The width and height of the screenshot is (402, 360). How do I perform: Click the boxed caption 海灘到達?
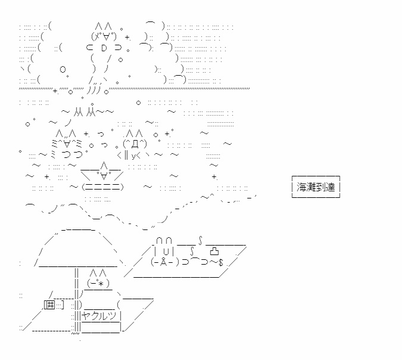pos(316,187)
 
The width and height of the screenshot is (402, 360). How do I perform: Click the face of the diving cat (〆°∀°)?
pos(104,36)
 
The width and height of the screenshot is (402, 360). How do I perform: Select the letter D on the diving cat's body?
pos(104,48)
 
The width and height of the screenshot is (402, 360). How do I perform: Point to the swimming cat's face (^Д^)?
pos(135,144)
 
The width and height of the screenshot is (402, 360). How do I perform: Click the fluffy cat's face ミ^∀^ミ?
pos(67,144)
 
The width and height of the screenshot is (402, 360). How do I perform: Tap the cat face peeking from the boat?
pos(104,175)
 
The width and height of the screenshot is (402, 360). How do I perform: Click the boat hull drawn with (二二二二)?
pos(102,187)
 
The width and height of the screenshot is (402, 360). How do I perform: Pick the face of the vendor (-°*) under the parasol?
pos(98,284)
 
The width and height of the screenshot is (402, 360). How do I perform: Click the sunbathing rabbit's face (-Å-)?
pos(165,262)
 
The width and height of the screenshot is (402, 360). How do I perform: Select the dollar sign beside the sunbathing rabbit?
pos(221,262)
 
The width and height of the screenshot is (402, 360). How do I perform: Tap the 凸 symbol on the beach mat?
pos(214,251)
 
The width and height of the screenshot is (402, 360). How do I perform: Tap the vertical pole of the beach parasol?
pos(76,300)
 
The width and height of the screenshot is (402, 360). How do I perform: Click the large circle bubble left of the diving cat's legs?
pos(63,69)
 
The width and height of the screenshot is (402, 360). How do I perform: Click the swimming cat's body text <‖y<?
pos(129,155)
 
